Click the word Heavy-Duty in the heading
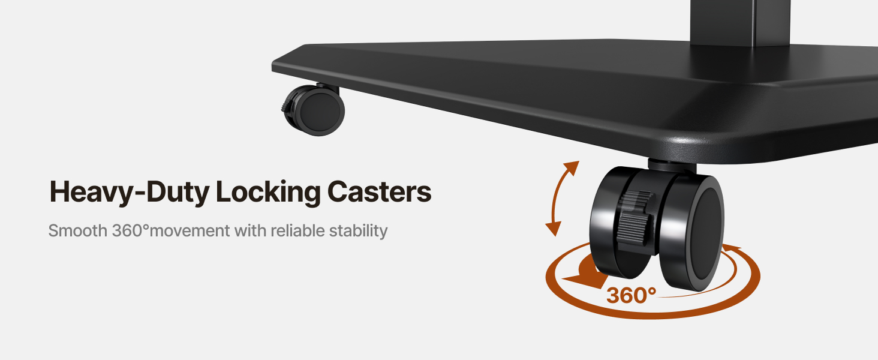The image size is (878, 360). pos(130,192)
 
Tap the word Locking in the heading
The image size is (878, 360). pos(268,191)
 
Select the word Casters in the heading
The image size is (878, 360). pos(379,191)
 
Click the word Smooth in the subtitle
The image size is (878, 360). pos(77,230)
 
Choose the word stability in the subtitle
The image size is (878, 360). pos(358,231)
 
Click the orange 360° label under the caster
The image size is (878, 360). pos(632,295)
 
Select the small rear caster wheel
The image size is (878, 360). pos(314,110)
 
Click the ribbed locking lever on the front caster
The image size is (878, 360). pos(633,218)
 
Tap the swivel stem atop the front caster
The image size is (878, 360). pos(672,166)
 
